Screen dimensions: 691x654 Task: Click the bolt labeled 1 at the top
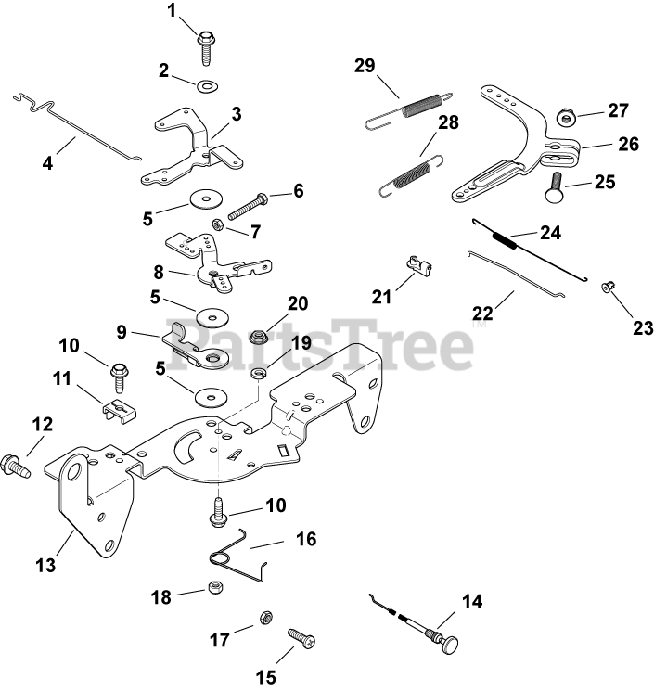205,44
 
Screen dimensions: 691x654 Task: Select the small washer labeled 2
206,86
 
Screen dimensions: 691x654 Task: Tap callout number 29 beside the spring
364,66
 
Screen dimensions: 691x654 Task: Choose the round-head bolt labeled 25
559,186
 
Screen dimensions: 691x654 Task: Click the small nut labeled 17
264,618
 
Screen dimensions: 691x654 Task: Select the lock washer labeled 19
259,373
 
